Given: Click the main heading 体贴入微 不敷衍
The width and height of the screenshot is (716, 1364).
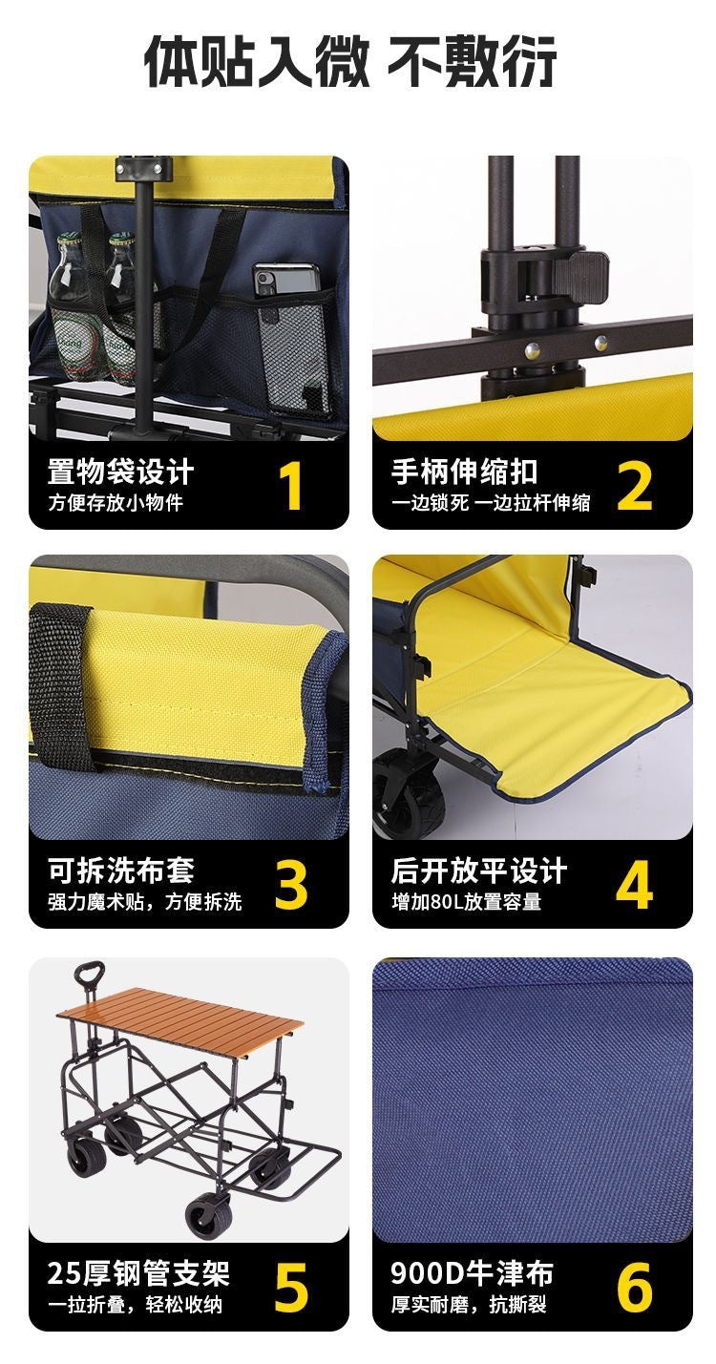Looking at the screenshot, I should tap(350, 62).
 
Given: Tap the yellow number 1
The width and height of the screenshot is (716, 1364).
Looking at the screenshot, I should tap(291, 485).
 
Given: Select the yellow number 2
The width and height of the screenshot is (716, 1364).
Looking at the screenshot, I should tap(634, 485).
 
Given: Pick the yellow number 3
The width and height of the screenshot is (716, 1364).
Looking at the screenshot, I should tap(291, 885).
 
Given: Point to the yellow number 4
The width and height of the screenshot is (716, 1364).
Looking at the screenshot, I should tap(634, 885).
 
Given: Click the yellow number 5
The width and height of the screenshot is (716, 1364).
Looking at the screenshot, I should tap(291, 1287).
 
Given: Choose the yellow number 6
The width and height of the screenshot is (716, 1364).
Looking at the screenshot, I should tap(634, 1287).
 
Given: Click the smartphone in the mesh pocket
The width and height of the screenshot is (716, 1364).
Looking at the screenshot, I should tap(285, 282).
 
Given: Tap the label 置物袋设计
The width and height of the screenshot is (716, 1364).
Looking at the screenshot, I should tap(121, 472).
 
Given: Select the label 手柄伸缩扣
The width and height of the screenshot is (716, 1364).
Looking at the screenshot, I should tap(464, 472).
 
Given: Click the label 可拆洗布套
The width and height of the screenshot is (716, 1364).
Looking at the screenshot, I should tap(121, 871).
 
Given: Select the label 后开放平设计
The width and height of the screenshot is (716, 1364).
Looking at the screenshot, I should tap(478, 871).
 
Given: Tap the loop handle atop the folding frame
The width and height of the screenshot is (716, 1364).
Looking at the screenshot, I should tap(87, 977).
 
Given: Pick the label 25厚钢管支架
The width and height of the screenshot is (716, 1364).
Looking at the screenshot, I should tap(138, 1273).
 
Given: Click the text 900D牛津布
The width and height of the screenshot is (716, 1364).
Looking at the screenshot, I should tap(472, 1273).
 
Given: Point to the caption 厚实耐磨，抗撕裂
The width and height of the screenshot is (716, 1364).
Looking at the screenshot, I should tap(469, 1304).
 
